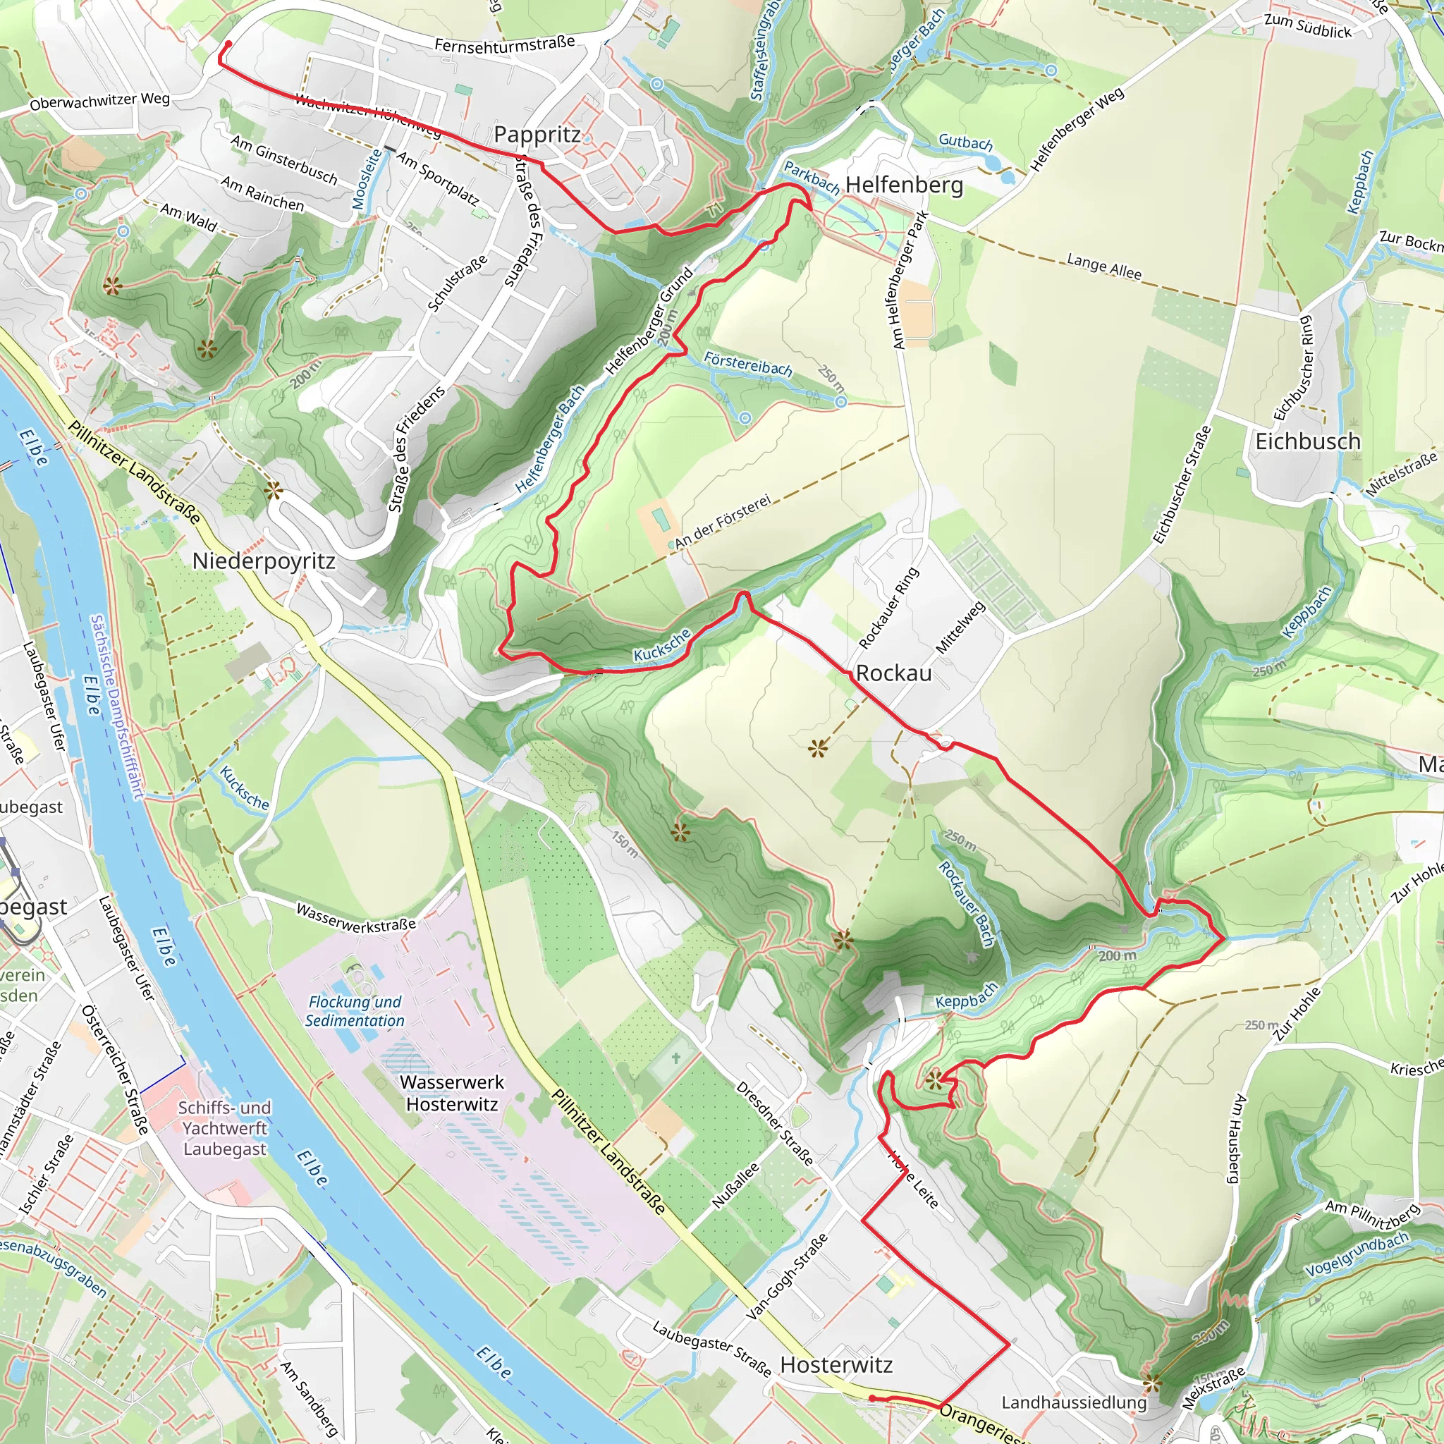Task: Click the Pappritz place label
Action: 537,135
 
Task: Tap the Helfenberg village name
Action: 904,185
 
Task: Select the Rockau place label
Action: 893,673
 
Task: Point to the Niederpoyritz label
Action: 264,561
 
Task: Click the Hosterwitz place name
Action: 836,1365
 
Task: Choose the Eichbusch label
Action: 1307,441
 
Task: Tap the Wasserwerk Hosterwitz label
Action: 451,1093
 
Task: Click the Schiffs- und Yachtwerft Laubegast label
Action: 224,1128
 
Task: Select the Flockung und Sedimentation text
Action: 355,1010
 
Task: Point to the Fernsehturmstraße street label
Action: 505,44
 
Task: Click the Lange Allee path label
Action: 1103,267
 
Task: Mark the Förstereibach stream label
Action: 747,364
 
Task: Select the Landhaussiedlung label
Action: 1073,1402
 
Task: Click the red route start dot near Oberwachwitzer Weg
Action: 228,45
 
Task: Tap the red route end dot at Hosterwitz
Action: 872,1397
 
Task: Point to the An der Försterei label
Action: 721,523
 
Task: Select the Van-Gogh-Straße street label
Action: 787,1275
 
